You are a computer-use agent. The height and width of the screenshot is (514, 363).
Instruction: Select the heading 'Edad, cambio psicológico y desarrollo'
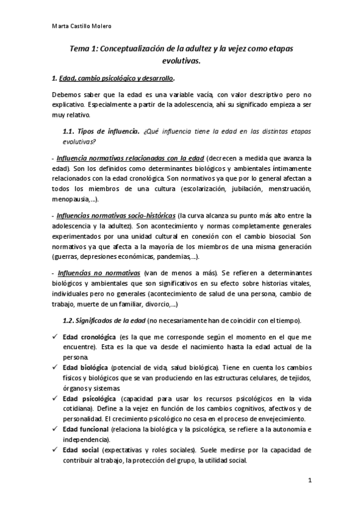(115, 79)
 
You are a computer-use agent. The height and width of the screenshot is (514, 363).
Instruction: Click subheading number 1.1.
(72, 132)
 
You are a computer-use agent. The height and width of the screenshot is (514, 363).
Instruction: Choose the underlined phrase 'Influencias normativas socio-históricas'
(116, 215)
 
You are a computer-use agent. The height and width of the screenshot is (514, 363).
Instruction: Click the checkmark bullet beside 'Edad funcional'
(55, 429)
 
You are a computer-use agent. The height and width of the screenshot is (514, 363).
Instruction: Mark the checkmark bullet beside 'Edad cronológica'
(55, 336)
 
